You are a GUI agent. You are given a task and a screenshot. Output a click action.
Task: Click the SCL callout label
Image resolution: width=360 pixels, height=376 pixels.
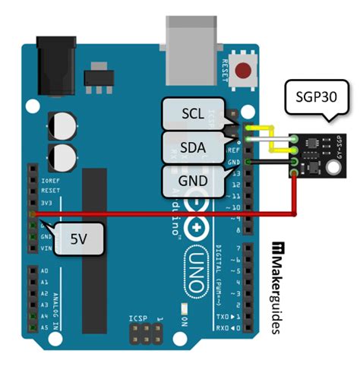tap(192, 113)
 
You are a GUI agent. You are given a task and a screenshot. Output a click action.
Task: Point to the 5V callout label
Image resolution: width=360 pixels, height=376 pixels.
tap(78, 239)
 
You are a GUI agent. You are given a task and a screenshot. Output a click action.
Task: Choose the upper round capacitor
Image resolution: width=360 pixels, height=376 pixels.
tap(61, 124)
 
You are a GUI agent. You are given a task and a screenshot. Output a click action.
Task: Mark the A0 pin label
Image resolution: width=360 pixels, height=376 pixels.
tap(43, 270)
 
